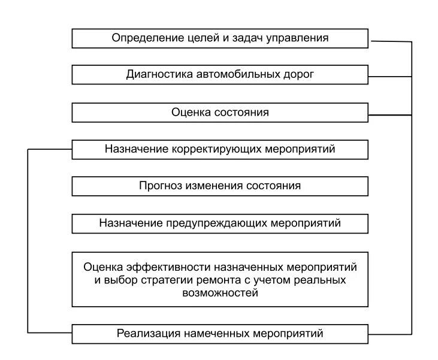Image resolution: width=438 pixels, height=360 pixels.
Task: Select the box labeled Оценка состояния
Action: [220, 112]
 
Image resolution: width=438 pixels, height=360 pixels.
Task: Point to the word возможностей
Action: [219, 294]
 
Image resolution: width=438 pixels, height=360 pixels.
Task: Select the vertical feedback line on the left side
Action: [28, 240]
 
